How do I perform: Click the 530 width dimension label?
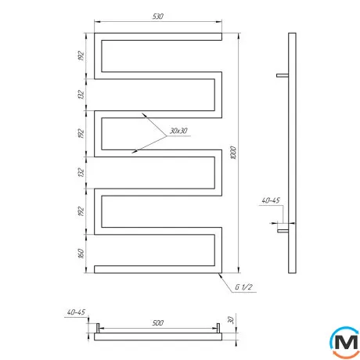coord(158,16)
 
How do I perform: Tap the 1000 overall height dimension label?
coord(233,153)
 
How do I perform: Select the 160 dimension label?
coord(81,254)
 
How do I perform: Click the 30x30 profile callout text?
coord(178,131)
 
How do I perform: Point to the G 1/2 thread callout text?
coord(243,287)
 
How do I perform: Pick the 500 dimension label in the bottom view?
coord(158,323)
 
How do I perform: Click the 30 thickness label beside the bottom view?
coord(231,320)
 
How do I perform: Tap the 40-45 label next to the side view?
coord(271,200)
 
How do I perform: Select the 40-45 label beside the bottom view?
coord(76,312)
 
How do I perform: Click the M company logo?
coord(345,342)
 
